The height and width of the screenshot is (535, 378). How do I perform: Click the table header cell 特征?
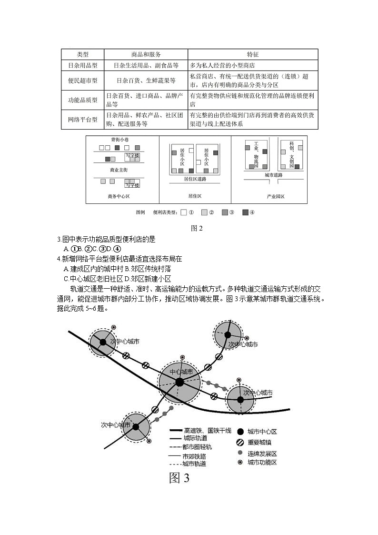click(x=252, y=54)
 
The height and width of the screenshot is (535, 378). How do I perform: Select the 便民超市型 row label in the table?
click(x=82, y=81)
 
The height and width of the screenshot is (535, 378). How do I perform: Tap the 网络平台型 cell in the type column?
click(x=82, y=120)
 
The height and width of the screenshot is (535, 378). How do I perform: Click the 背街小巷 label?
click(x=119, y=140)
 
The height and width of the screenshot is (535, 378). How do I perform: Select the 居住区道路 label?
click(x=195, y=180)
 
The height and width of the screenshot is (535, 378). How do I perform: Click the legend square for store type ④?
click(x=245, y=212)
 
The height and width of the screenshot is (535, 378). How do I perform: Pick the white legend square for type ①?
click(x=184, y=212)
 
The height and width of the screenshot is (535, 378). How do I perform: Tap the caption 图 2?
click(x=197, y=228)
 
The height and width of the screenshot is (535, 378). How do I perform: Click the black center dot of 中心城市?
click(x=179, y=382)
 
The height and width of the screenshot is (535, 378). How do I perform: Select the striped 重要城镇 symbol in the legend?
click(x=240, y=442)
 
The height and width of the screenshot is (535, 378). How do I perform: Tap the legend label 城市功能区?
click(x=262, y=462)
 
